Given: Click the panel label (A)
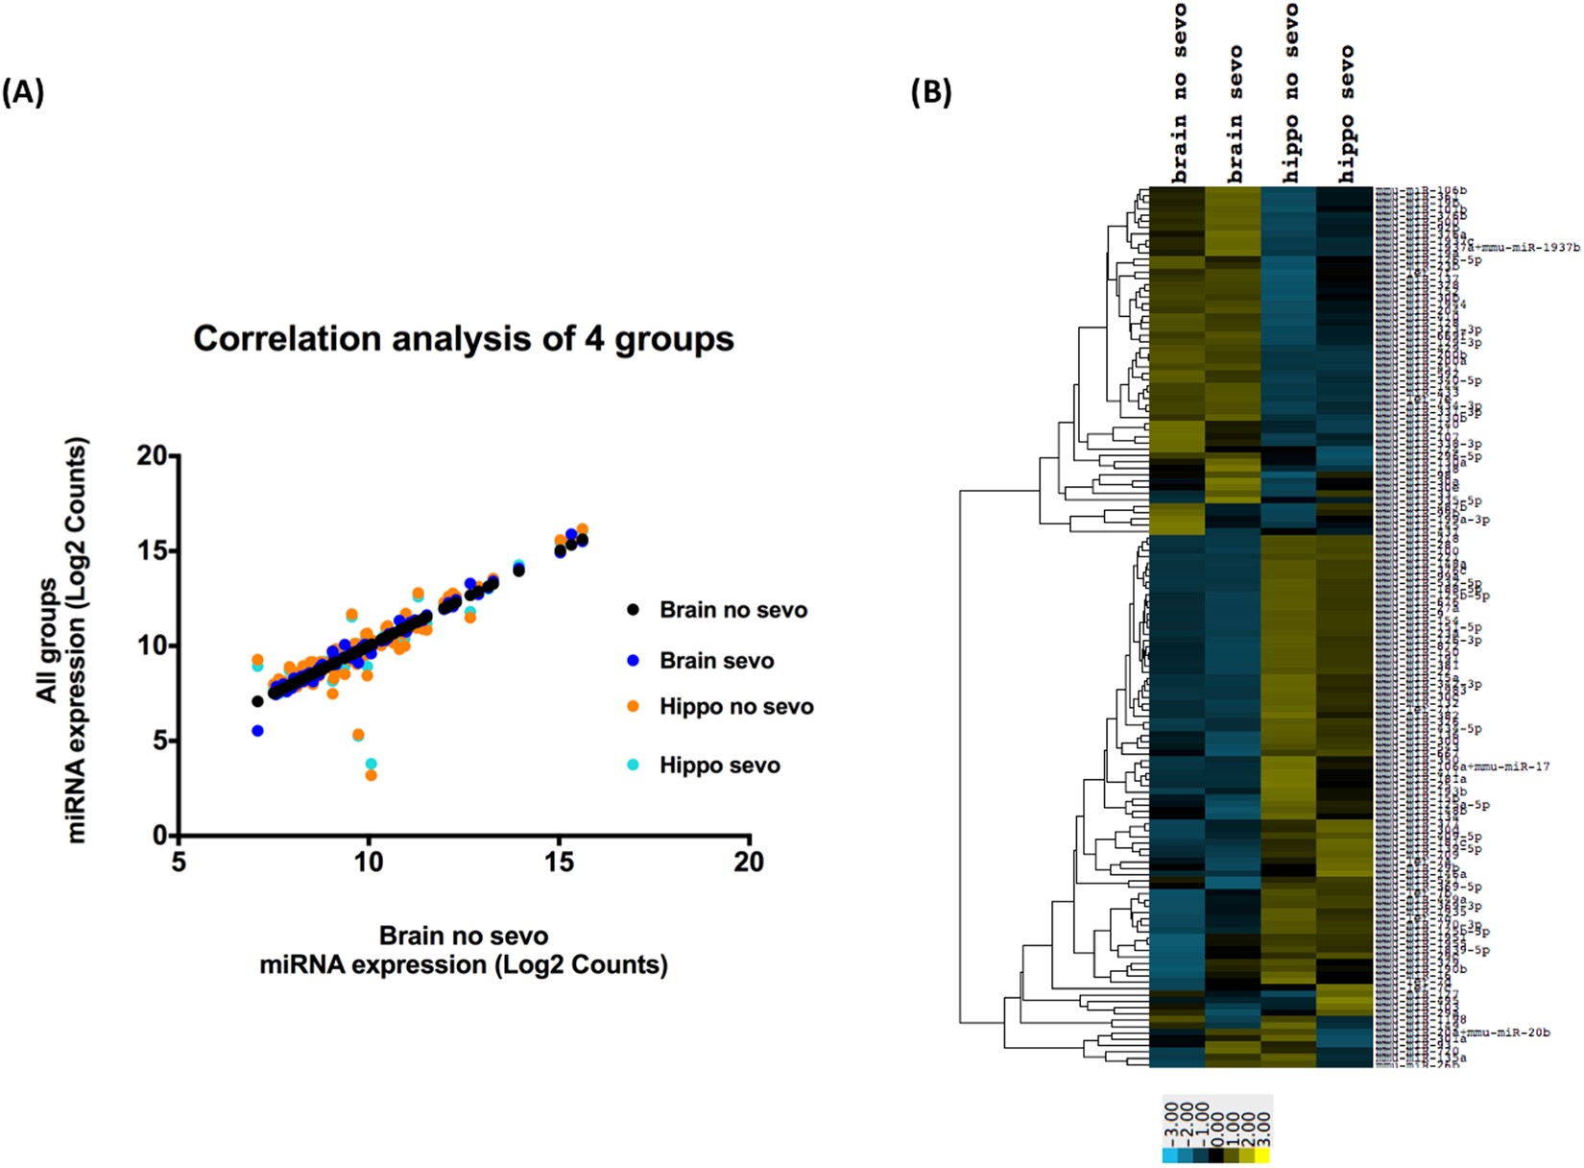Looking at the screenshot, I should [23, 93].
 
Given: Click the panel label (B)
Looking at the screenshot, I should [930, 93].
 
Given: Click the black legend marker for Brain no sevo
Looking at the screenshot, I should [632, 609].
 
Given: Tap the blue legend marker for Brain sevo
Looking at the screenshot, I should [632, 661].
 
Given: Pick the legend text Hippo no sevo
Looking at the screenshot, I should [735, 707].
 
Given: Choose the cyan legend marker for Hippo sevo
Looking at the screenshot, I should [632, 765].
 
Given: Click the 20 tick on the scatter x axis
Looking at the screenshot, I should [749, 862].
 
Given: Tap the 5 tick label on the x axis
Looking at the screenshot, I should [179, 862].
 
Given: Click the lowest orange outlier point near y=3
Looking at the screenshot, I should [372, 775].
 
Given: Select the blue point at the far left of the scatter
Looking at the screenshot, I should [257, 731].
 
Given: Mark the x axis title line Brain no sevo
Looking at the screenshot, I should [464, 936].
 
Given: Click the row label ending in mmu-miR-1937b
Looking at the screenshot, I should [1526, 248].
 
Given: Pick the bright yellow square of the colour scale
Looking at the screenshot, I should [1262, 1156].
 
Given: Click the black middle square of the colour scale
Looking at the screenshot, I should [1216, 1156].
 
